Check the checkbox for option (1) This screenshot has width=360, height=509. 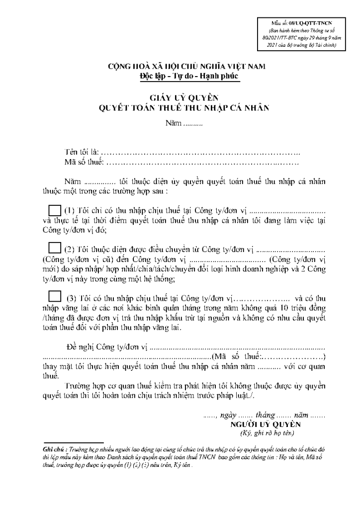pyautogui.click(x=54, y=210)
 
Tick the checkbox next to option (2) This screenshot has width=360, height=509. pyautogui.click(x=54, y=248)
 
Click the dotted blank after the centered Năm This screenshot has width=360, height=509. pyautogui.click(x=194, y=122)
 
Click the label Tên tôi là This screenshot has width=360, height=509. pyautogui.click(x=82, y=151)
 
